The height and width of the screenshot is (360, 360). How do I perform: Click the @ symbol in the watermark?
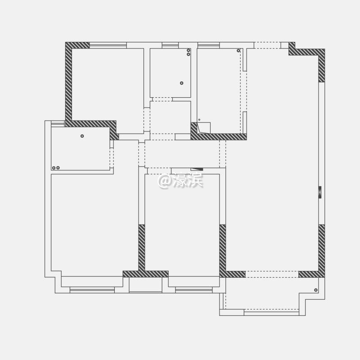point(164,181)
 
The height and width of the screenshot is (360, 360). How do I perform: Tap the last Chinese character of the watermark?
point(195,180)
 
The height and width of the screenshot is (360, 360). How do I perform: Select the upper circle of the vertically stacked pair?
point(188,50)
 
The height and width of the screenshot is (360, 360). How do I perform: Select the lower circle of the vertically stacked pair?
point(188,54)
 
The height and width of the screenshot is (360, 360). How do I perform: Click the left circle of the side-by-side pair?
point(54,168)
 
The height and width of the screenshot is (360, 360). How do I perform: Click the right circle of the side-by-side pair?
point(58,168)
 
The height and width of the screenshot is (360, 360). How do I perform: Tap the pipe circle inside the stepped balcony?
point(316,290)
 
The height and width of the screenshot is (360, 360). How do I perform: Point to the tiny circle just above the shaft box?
point(199,120)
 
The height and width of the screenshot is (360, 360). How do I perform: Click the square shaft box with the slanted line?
point(204,128)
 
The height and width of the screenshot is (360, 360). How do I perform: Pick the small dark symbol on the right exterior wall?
point(320,192)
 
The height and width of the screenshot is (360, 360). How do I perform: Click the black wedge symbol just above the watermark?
point(197,169)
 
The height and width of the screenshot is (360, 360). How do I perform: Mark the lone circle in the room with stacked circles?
point(182,83)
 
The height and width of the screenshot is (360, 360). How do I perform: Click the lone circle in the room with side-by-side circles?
point(82,136)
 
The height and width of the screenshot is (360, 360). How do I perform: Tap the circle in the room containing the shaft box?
point(238,50)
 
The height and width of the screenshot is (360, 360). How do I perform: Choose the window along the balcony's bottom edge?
point(271,313)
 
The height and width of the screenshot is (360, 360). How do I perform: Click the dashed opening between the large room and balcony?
point(272,274)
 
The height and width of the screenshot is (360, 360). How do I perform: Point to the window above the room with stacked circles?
point(170,45)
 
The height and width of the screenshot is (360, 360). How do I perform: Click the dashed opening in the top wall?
point(267,45)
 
